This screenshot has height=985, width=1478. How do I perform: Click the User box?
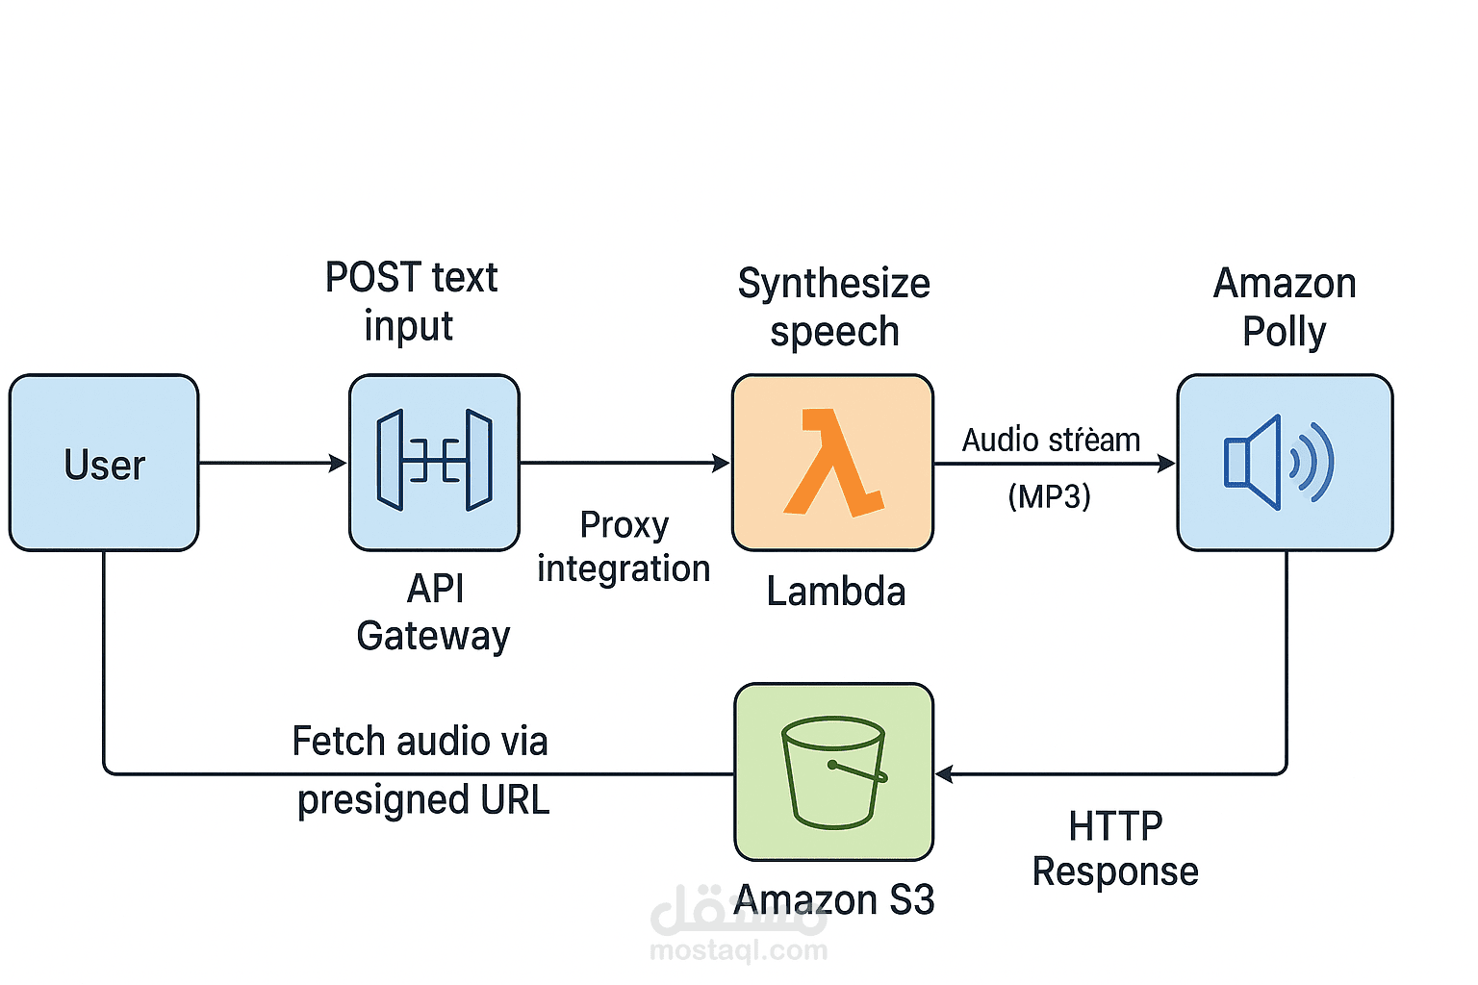[104, 463]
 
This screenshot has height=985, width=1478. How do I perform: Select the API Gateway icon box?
[434, 463]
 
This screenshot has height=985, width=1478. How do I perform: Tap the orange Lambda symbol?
[832, 463]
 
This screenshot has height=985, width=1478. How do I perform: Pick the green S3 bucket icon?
[833, 771]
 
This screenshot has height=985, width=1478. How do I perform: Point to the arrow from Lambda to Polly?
[1054, 464]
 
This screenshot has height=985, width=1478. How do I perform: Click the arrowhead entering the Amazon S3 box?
[944, 773]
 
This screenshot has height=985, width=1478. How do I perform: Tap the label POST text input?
[411, 301]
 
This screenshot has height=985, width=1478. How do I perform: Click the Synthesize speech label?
[833, 307]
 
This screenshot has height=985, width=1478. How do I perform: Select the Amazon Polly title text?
[1284, 307]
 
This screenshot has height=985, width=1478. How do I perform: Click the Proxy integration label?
[624, 546]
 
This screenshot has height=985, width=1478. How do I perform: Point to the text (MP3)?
[1049, 496]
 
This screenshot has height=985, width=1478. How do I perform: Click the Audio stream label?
[1051, 440]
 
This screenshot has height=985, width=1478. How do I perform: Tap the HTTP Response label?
[1115, 848]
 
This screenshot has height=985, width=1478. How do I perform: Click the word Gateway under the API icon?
[433, 636]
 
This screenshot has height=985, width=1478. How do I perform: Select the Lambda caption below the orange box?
[835, 592]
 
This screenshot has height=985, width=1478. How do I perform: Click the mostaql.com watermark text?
[738, 950]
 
